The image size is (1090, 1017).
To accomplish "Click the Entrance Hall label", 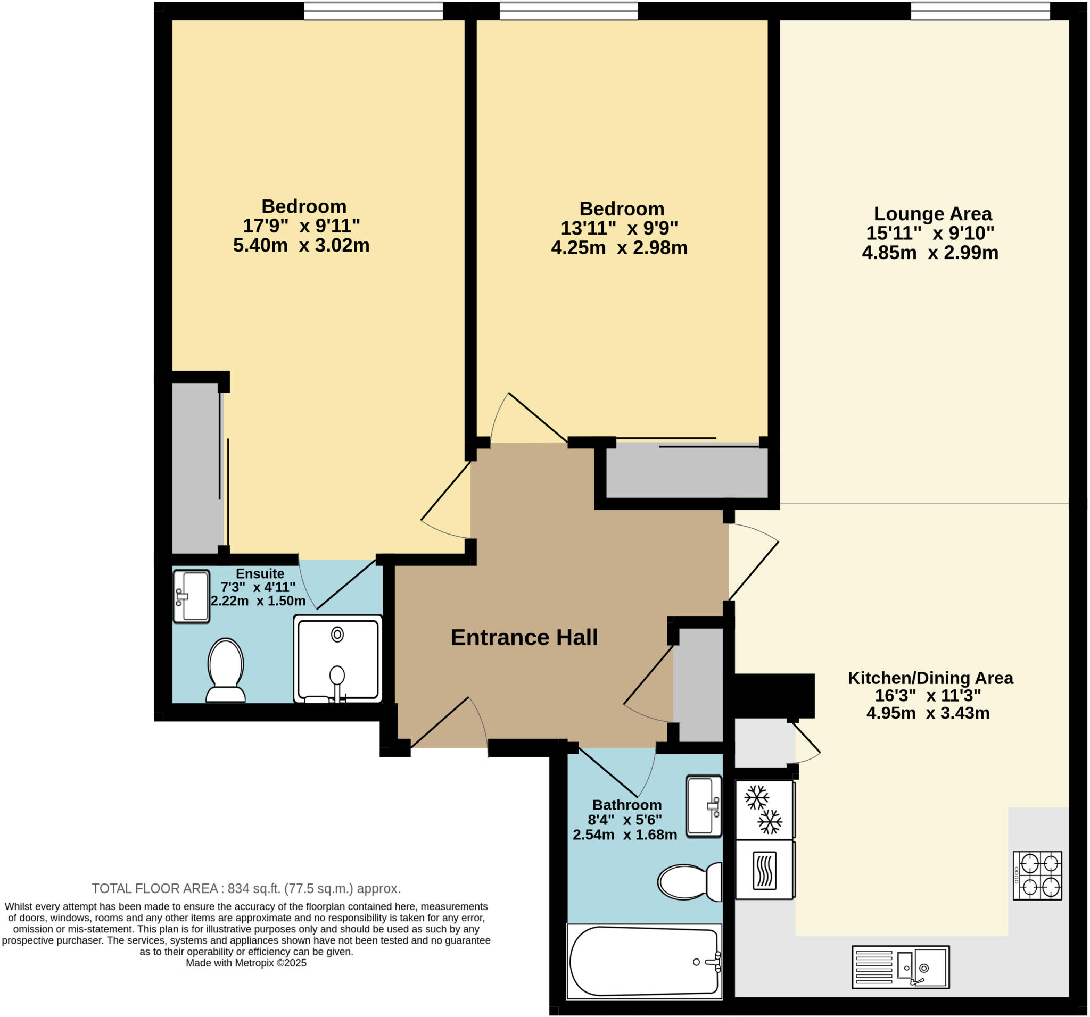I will [x=524, y=637].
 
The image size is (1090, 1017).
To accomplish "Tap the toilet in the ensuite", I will [x=225, y=669].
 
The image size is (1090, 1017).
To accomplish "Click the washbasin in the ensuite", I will [x=192, y=596].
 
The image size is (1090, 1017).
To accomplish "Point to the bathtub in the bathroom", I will [x=644, y=961].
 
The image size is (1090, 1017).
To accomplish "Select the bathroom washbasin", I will [x=704, y=806].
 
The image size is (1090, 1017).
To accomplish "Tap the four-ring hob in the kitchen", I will [x=1037, y=875].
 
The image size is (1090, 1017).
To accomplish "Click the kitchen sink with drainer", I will [x=901, y=967].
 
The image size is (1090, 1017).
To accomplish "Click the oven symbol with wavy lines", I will [x=764, y=870].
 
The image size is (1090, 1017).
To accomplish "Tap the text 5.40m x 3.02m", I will [x=301, y=245].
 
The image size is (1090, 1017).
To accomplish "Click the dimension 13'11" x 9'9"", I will [x=619, y=228].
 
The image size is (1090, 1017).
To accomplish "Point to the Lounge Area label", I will [x=932, y=213].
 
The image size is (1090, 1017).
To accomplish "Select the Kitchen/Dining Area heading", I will [x=930, y=678].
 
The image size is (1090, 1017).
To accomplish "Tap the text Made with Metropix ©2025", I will [x=246, y=963].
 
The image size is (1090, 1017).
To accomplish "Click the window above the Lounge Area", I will [x=980, y=11].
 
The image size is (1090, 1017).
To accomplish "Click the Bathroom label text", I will [x=626, y=804].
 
